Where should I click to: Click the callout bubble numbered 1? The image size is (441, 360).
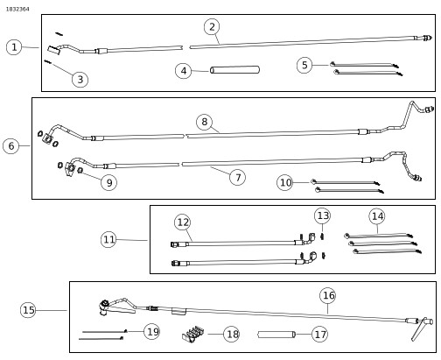click(14, 47)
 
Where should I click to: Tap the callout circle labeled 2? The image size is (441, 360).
click(212, 27)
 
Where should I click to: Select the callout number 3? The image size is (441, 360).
click(80, 80)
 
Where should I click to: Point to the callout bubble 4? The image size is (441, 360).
click(183, 71)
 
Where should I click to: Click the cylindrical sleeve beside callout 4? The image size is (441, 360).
click(235, 70)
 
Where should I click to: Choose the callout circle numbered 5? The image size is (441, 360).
click(304, 65)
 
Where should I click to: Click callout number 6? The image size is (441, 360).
click(11, 146)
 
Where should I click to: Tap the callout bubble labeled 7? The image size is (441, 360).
click(237, 177)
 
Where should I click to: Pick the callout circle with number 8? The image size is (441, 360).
click(204, 122)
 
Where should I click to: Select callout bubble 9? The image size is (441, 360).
click(108, 182)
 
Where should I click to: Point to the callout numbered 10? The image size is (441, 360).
click(285, 182)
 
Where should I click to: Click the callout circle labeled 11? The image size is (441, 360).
click(108, 239)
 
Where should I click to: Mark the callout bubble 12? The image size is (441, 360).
click(182, 222)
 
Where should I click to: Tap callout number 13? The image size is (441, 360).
click(322, 215)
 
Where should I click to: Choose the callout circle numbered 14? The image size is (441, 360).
click(377, 216)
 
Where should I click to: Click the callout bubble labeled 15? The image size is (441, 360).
click(28, 310)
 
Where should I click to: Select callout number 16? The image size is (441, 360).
click(327, 295)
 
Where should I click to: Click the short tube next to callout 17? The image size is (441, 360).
click(276, 335)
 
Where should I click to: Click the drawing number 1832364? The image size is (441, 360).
click(17, 9)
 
